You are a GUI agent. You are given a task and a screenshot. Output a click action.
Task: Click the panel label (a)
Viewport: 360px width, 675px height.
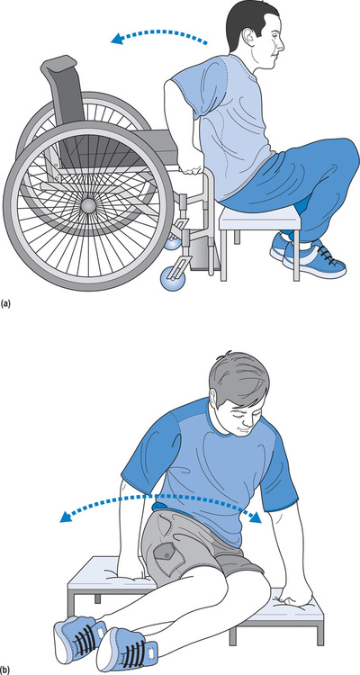[5, 303]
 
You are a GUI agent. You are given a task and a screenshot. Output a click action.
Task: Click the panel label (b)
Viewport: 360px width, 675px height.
[5, 670]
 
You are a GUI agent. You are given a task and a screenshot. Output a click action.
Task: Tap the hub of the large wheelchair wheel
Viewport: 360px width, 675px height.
[88, 205]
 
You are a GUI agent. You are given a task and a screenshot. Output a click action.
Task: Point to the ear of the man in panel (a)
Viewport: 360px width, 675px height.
[249, 40]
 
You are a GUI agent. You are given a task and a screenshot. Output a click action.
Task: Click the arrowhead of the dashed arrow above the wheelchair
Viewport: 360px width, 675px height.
[116, 40]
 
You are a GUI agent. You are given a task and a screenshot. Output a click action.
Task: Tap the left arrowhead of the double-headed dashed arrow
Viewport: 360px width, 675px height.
[66, 517]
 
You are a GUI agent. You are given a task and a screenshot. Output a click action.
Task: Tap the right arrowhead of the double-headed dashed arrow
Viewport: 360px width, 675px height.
[256, 517]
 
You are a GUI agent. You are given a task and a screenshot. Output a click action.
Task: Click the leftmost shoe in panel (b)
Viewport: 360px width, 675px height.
[80, 635]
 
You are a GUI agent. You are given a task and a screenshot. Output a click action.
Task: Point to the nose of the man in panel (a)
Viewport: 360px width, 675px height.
[281, 44]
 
